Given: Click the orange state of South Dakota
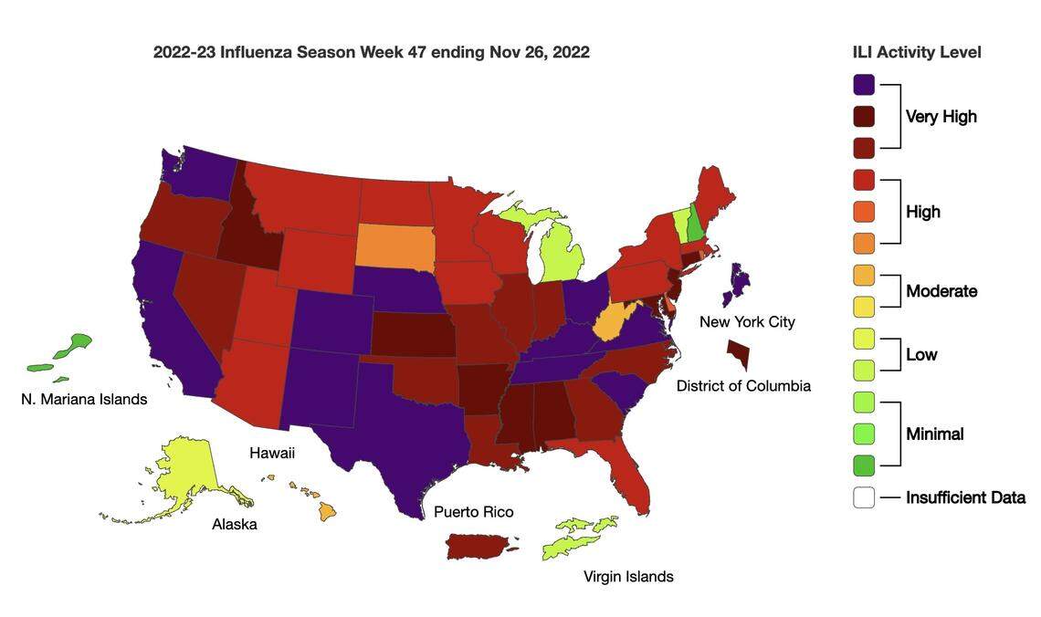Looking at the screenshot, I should pos(394,247).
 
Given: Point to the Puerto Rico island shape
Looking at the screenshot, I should pos(479,547).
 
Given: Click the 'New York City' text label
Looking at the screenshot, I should pos(747,321).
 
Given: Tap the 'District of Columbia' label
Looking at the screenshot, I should pos(743,386).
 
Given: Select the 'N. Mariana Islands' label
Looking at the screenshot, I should pos(84,399).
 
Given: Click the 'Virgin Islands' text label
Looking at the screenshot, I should pos(628,576).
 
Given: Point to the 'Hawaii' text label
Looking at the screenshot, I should pos(272,453).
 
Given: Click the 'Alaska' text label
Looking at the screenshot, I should pos(235,524).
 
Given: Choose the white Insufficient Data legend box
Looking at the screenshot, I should pos(864,497).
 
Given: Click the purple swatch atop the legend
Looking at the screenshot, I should pos(864,85).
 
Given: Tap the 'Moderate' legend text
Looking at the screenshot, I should pos(941,291).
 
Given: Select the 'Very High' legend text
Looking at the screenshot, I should pos(941,116).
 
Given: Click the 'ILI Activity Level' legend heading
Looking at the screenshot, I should pos(917,52).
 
